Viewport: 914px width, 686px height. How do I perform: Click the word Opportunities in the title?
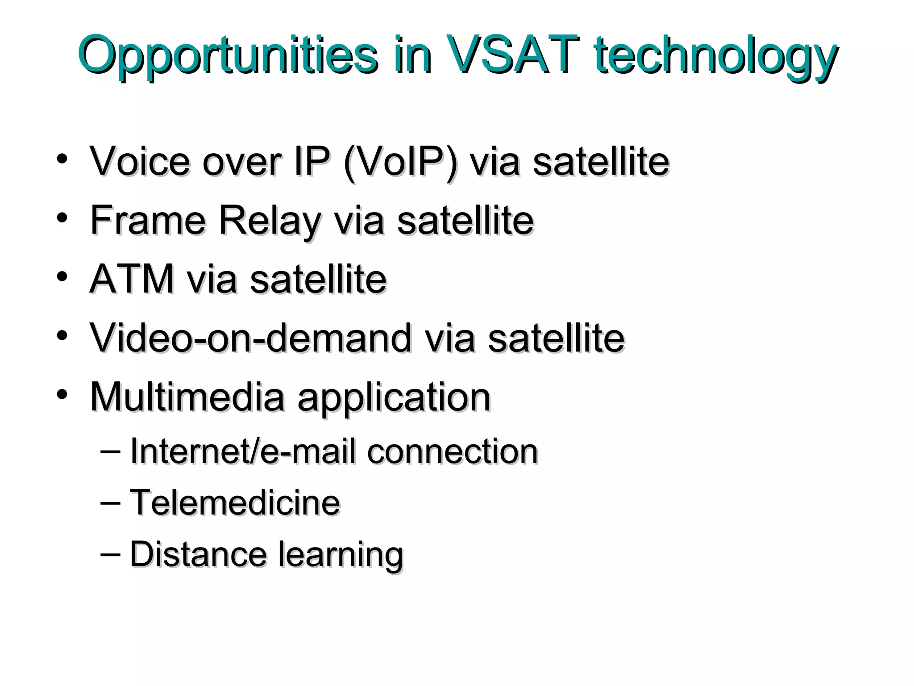(x=228, y=56)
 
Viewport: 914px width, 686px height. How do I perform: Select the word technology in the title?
(x=716, y=56)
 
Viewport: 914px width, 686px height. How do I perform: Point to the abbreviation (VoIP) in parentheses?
(x=400, y=162)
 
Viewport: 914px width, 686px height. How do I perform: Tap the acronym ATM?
(x=132, y=279)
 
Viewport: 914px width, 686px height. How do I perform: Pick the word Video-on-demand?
(x=250, y=338)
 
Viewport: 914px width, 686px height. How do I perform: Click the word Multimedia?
(x=187, y=397)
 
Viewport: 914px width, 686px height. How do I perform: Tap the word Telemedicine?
(x=235, y=502)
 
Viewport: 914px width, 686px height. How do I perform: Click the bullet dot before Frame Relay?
(x=62, y=218)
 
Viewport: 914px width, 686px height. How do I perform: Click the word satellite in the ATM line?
(x=318, y=279)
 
